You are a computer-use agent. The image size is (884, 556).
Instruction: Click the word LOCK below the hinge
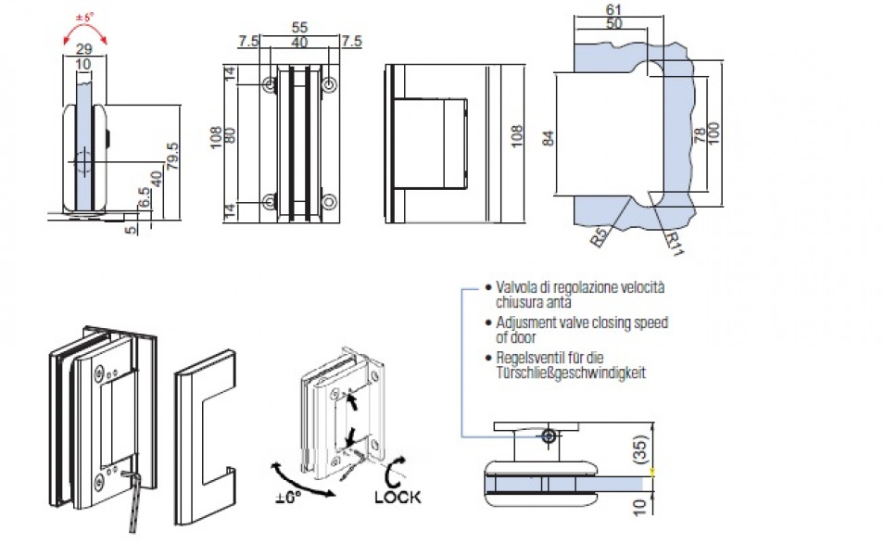pos(398,497)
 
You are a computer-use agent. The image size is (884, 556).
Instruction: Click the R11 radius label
pos(674,243)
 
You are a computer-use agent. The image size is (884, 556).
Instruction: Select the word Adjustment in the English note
pos(530,322)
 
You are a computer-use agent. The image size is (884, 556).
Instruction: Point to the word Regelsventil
pos(529,358)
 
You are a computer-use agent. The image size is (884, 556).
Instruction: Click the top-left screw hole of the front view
pos(270,85)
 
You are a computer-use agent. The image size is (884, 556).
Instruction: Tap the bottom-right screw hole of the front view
pos(329,200)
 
